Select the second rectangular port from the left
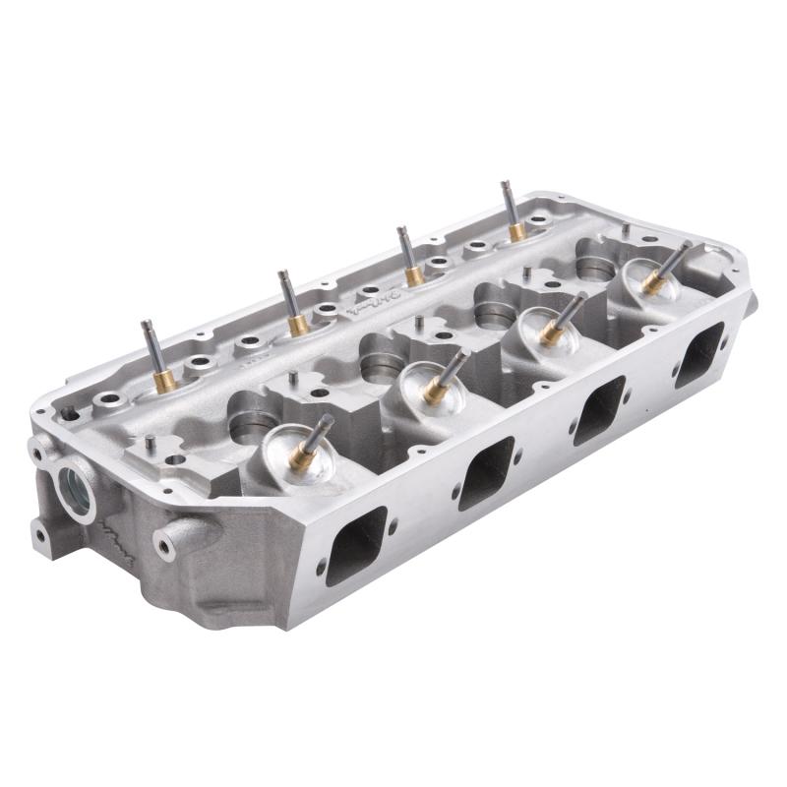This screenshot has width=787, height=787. pyautogui.click(x=486, y=473)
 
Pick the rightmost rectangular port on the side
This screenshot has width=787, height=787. pyautogui.click(x=699, y=354)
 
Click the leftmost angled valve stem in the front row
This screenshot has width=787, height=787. pyautogui.click(x=316, y=438)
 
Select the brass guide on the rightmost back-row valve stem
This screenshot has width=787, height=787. pyautogui.click(x=516, y=232)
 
